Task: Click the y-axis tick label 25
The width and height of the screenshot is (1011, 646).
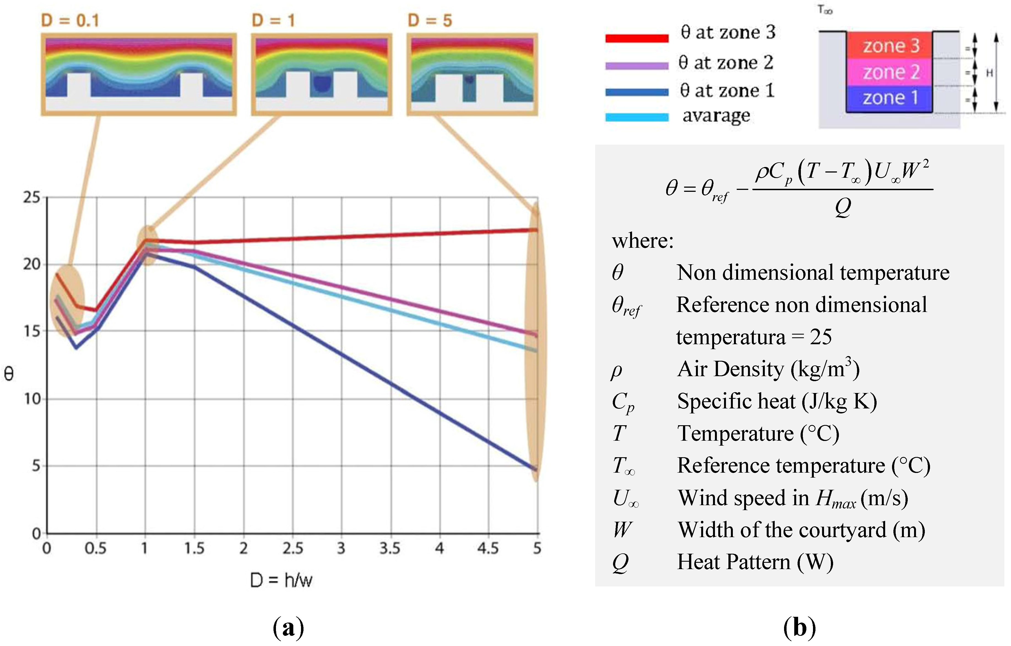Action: tap(32, 197)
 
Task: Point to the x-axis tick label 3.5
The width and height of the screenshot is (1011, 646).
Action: tap(390, 548)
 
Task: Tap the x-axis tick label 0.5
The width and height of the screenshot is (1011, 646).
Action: tap(95, 548)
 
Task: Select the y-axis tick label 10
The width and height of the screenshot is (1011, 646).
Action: tap(32, 399)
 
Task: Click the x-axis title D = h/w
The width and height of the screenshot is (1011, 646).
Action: tap(281, 580)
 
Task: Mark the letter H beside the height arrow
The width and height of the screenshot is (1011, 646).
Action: tap(989, 73)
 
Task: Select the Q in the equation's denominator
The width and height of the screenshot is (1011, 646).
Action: tap(843, 207)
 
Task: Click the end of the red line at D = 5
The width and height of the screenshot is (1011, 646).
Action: tap(536, 230)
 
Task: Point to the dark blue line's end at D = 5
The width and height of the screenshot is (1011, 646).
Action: tap(536, 469)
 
